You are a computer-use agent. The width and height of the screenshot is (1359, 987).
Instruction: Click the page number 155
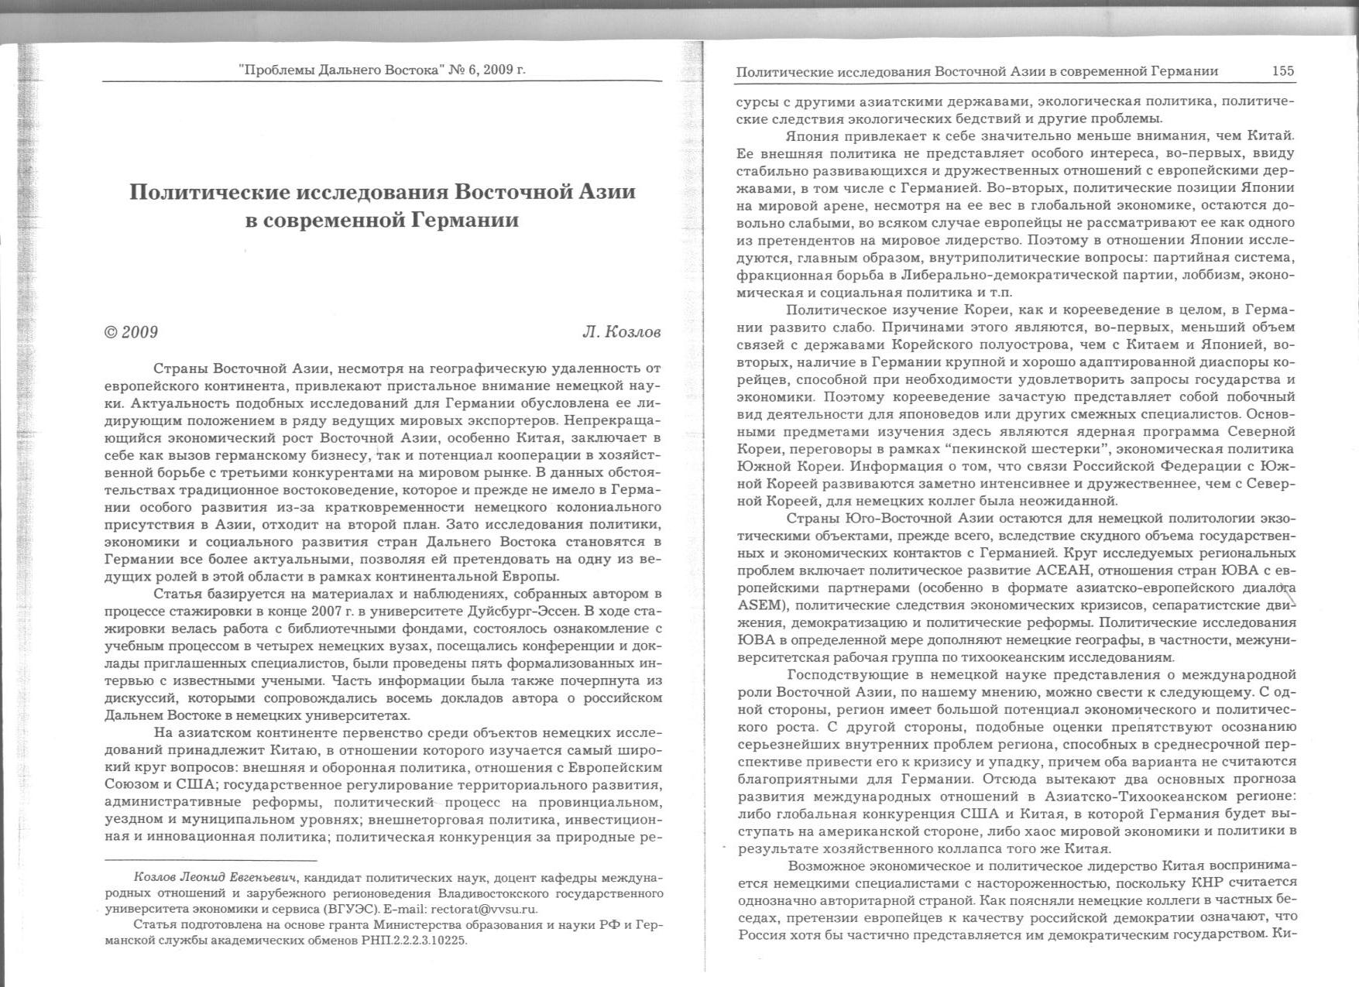pyautogui.click(x=1283, y=71)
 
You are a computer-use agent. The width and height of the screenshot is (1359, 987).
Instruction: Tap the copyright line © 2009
pyautogui.click(x=131, y=332)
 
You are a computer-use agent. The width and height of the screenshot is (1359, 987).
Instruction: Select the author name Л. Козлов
pyautogui.click(x=621, y=332)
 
